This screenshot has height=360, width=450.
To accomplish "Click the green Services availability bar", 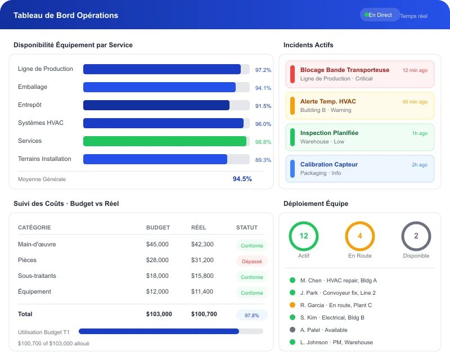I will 165,141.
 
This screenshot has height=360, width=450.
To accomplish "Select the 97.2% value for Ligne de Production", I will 263,70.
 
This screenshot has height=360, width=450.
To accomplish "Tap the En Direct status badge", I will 380,15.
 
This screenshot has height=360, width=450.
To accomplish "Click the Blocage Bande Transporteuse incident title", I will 344,70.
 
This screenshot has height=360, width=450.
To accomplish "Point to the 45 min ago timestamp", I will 415,102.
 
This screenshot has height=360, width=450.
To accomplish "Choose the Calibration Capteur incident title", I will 328,165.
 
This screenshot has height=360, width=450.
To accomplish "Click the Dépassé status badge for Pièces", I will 251,262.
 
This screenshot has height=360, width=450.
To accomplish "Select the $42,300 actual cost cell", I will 202,245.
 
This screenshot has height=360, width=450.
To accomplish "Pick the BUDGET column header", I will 157,228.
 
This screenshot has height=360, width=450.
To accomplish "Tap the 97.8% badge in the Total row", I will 251,316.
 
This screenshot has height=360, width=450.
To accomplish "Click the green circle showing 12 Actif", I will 304,236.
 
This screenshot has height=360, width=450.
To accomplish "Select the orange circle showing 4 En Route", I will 360,236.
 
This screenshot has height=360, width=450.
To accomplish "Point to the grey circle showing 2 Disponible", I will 416,236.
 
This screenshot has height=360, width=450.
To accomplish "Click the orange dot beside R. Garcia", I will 292,305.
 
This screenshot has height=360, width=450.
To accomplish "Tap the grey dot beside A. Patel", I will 292,330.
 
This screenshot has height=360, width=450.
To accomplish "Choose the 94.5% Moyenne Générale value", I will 242,179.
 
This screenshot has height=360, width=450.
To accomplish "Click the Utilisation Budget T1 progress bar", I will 170,332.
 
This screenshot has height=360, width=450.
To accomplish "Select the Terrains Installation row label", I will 44,159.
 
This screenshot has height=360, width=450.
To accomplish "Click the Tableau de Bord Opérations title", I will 66,16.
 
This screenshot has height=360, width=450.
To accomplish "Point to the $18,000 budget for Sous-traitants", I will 157,276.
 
